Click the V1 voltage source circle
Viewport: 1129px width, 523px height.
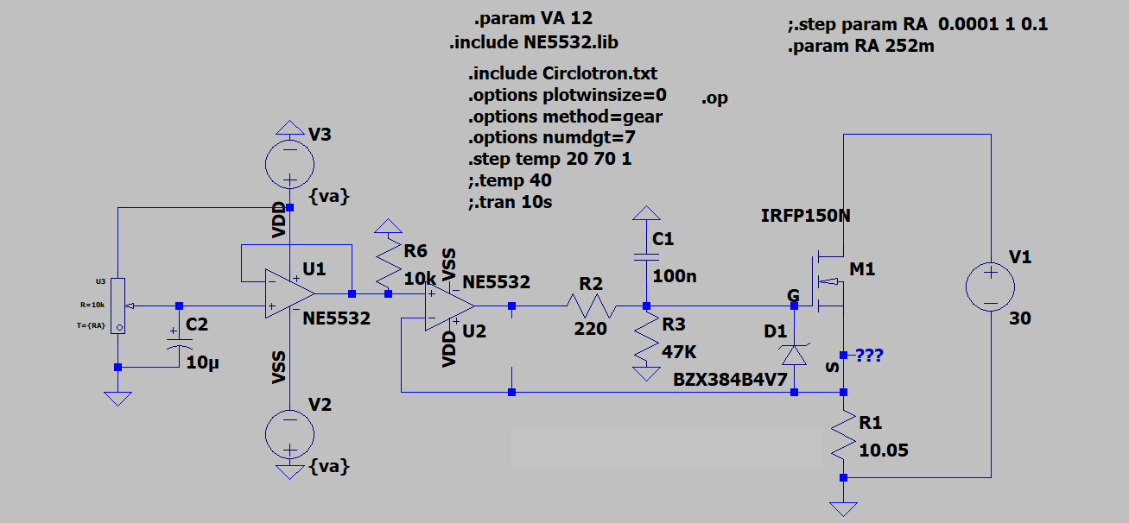pos(990,287)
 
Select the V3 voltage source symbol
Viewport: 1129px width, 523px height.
pos(290,164)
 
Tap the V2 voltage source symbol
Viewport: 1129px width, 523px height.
pos(290,434)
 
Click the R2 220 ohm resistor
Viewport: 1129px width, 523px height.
pos(591,306)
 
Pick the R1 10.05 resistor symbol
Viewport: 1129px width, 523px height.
pos(843,435)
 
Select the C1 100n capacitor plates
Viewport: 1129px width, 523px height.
pos(646,257)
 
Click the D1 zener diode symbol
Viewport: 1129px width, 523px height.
pos(794,355)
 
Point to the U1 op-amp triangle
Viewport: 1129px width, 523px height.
pos(290,293)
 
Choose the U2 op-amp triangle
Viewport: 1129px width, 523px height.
pos(449,306)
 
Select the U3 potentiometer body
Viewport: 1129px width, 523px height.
pos(118,306)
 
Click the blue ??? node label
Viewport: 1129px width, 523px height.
pos(870,356)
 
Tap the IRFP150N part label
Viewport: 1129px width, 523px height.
pos(805,216)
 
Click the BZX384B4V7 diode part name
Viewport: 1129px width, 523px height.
pos(730,380)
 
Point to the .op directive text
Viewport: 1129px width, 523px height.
pos(714,98)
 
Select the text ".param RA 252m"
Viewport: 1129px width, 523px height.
pos(861,47)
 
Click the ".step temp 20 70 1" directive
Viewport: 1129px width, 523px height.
pos(550,159)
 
